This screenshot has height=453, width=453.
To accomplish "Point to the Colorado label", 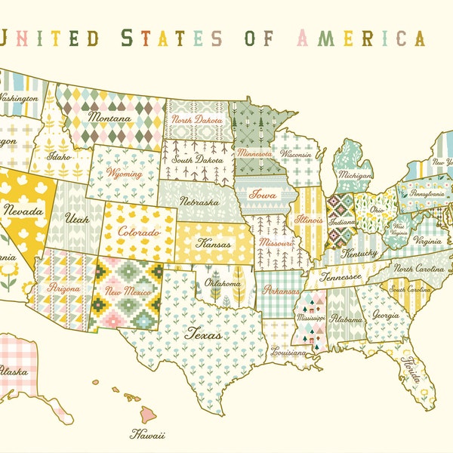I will [x=139, y=231].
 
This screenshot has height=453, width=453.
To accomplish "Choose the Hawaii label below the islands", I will [x=147, y=434].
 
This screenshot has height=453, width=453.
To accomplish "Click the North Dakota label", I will [x=197, y=120].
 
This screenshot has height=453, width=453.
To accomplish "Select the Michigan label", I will [x=355, y=174].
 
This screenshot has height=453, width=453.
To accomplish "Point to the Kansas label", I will [x=214, y=244].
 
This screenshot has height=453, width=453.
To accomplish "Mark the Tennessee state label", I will [x=340, y=276].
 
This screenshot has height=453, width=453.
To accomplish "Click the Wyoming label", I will [x=125, y=174].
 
